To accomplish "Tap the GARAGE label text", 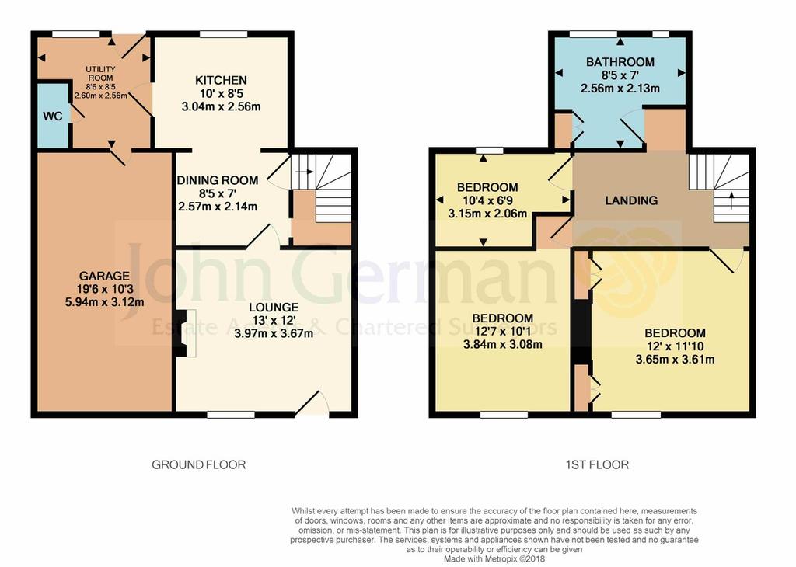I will tap(103, 276).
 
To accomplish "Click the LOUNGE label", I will tap(274, 306).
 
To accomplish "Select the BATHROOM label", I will tap(620, 62).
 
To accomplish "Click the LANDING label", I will tap(631, 200).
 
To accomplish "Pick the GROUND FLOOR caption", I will tap(198, 465).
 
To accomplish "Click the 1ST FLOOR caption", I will tap(597, 465).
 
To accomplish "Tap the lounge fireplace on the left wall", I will tap(183, 334).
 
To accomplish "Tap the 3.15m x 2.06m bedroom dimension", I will tap(487, 214).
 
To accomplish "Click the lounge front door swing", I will tap(314, 402).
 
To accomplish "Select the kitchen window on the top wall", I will tap(223, 33).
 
